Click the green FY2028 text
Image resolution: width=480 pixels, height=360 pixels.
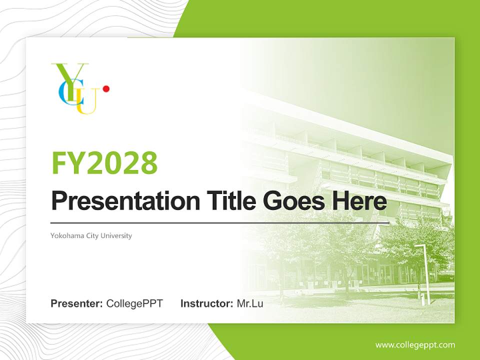coord(104,163)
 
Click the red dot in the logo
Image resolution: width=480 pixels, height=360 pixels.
coord(106,89)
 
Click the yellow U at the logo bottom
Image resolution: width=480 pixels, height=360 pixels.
coord(87,105)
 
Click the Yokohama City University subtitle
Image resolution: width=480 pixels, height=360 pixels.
coord(91,235)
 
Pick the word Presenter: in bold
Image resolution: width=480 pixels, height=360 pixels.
coord(77,303)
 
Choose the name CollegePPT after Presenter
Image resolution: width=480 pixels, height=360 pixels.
coord(134,303)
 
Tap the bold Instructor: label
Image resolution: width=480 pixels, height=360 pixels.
coord(206,303)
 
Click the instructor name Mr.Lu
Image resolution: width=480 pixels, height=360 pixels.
coord(250,303)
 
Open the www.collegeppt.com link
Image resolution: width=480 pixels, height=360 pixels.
coord(415,345)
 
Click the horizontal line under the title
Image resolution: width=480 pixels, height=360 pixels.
coord(220,222)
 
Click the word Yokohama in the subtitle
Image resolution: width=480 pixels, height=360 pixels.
coord(66,235)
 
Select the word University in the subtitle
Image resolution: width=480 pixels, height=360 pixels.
coord(116,235)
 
